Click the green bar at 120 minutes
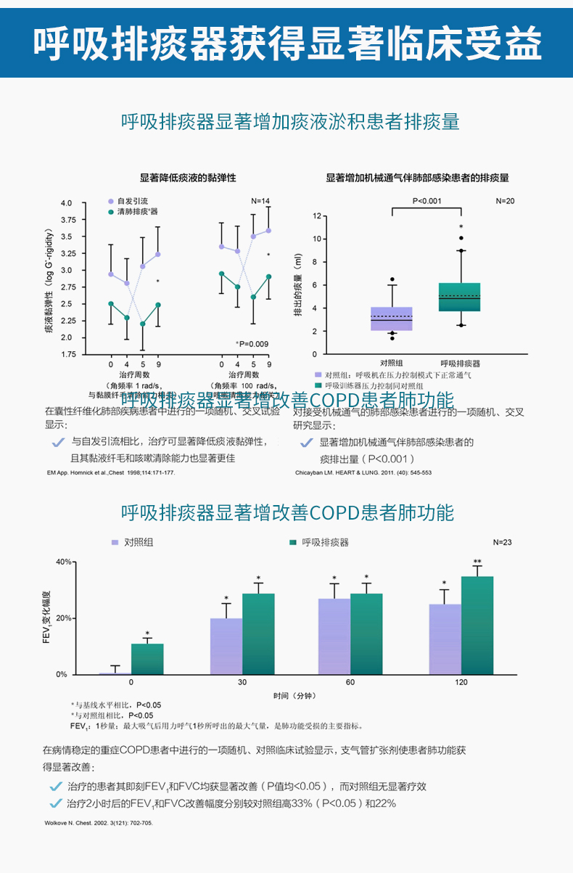(x=477, y=625)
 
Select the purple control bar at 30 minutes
(x=226, y=646)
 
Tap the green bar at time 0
(x=147, y=659)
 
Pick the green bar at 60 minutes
(x=366, y=634)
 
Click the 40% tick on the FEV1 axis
(x=62, y=562)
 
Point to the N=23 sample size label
(x=502, y=542)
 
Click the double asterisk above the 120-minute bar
(x=477, y=562)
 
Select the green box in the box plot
(x=459, y=297)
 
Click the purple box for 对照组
(x=392, y=319)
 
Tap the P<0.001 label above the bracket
(x=426, y=200)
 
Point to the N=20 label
(x=505, y=200)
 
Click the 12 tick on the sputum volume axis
(x=316, y=216)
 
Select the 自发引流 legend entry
(x=132, y=200)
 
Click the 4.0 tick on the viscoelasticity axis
(x=67, y=203)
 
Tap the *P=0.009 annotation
(x=252, y=343)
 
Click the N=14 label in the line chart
(x=260, y=200)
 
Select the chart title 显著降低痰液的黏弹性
(x=188, y=177)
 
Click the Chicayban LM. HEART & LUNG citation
(x=363, y=472)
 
